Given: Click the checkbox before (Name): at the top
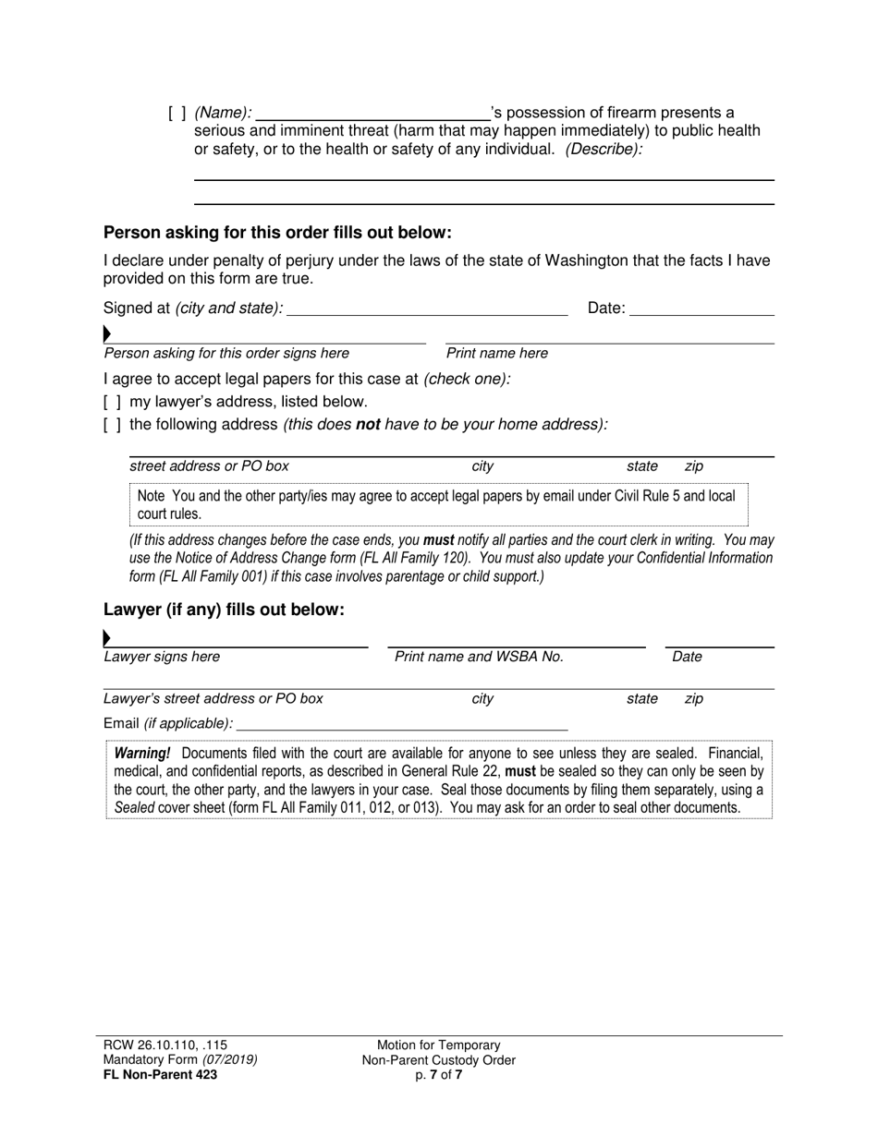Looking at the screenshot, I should coord(177,114).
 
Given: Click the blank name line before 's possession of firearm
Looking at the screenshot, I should coord(372,114).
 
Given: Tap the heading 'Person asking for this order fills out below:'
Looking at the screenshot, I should coord(277,233).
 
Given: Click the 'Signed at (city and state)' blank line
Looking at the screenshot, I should coord(427,308).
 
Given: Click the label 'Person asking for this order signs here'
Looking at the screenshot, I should coord(226,354).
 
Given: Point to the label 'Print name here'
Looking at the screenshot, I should coord(496,354).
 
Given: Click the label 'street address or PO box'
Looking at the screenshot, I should coord(209,466).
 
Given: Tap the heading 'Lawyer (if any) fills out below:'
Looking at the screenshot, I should coord(224,610).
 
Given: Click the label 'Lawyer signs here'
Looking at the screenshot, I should coord(162,658).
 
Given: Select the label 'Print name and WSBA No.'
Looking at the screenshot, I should coord(479,658).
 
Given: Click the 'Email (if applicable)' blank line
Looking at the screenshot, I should coord(402,723).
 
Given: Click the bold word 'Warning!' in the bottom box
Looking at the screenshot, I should coord(142,754).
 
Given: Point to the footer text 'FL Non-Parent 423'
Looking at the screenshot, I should coord(161,1074).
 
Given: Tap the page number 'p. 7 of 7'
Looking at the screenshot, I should coord(439,1074).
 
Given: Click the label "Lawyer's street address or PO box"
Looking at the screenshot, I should coord(213,699).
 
